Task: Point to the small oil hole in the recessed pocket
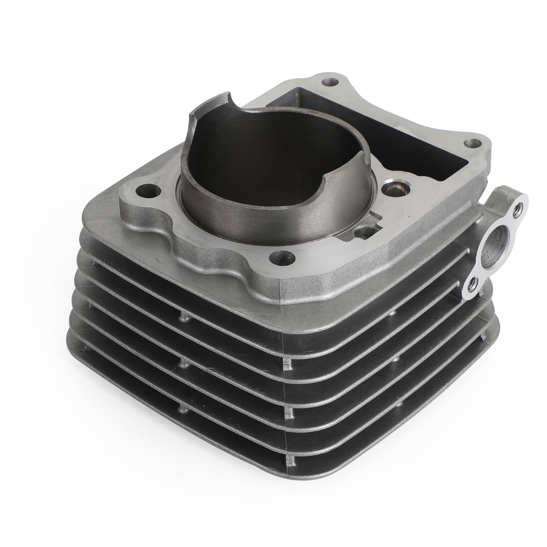[x=362, y=232]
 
